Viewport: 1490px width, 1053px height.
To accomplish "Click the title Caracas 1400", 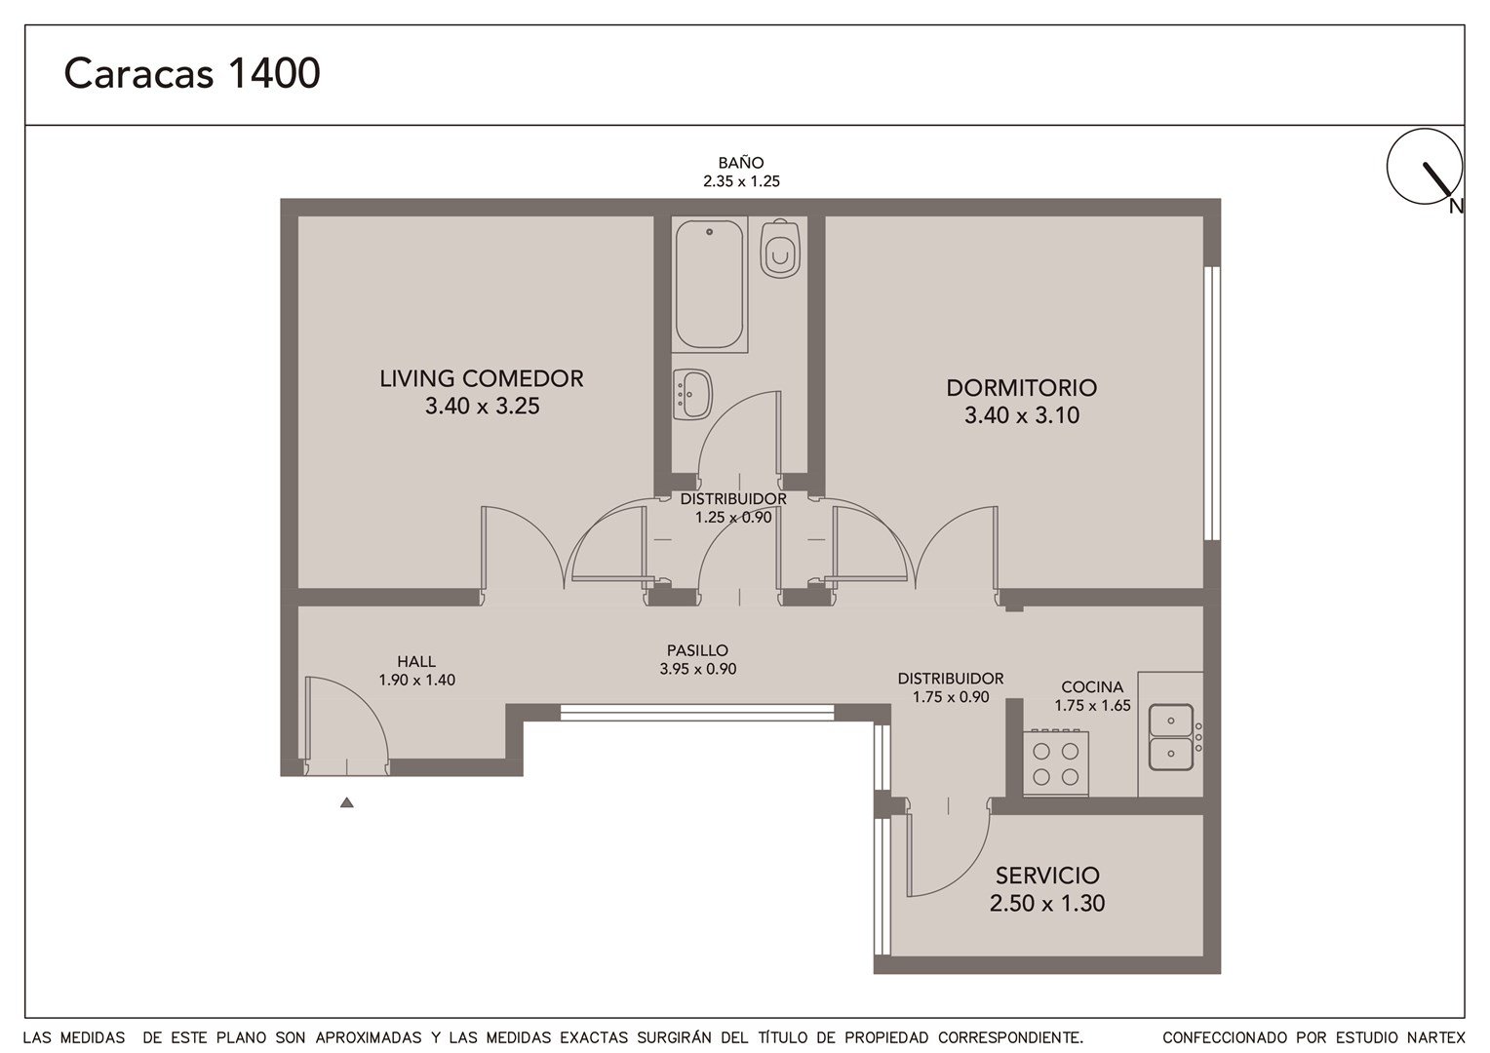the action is [192, 73].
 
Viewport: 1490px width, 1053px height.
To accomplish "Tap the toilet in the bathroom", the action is [780, 248].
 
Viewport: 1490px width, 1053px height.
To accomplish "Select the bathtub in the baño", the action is [709, 284].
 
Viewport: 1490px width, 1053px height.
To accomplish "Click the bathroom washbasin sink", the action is [691, 395].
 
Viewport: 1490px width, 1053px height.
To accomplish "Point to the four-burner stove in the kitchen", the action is [1056, 763].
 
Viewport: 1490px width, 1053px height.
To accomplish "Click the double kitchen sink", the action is [1171, 737].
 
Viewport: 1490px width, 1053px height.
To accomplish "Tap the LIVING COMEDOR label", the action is [482, 378].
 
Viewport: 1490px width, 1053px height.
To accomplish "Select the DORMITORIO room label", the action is [1022, 388].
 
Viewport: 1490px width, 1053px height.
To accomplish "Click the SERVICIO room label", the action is [1047, 876].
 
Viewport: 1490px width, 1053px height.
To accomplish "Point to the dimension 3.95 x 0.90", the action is [698, 669].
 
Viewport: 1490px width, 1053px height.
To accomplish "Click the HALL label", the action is [416, 661].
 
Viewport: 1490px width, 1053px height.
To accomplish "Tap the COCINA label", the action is [1092, 686].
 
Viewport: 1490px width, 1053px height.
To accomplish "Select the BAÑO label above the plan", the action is [741, 162].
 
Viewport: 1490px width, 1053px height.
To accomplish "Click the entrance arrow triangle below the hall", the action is [346, 802].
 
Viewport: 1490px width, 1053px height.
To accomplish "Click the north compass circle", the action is [1425, 167].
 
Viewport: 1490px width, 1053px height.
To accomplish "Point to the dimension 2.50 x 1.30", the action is [1047, 903].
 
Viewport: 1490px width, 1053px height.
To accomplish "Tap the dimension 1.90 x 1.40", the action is [417, 680].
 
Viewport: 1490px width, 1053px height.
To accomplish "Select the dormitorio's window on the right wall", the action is [1213, 403].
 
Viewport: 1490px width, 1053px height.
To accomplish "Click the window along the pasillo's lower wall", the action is [697, 713].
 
